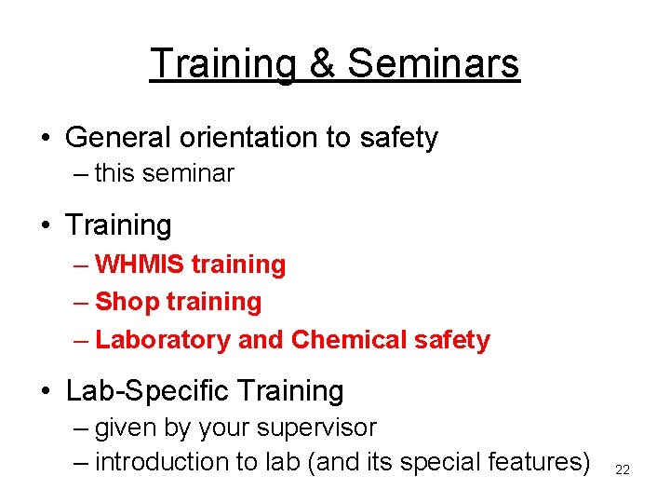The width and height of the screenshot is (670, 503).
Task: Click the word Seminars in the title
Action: click(433, 63)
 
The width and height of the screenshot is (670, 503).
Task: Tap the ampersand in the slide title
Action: click(319, 63)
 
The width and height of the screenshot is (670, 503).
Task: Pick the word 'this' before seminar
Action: click(114, 173)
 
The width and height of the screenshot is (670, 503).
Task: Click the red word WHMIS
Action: click(141, 265)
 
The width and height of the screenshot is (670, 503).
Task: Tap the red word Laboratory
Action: click(164, 340)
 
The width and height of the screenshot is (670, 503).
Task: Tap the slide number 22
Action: click(623, 469)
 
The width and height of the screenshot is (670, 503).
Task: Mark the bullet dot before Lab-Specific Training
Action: click(46, 392)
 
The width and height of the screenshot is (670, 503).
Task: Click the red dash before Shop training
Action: click(81, 302)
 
